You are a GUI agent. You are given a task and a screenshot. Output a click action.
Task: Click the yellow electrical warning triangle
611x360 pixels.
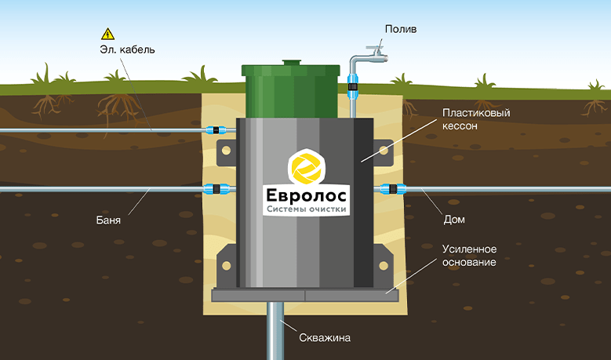click(x=107, y=35)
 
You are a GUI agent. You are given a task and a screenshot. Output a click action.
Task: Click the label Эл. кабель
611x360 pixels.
click(x=127, y=50)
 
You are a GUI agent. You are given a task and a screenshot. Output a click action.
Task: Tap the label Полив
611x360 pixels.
click(x=401, y=29)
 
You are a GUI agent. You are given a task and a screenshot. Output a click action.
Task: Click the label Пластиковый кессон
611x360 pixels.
click(x=476, y=119)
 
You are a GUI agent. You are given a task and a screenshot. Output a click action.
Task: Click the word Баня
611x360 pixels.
click(x=108, y=220)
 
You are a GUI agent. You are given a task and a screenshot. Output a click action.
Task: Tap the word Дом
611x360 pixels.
click(x=454, y=220)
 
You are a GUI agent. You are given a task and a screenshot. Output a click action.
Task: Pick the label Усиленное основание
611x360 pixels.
click(x=469, y=255)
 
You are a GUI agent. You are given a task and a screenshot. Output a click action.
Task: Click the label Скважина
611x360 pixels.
click(x=325, y=337)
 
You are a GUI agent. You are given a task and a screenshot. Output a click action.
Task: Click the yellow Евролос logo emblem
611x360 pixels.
click(x=306, y=167)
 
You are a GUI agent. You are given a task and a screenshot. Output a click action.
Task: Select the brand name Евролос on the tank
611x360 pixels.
click(x=306, y=195)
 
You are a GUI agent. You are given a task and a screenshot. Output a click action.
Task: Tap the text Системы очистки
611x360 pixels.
click(x=306, y=209)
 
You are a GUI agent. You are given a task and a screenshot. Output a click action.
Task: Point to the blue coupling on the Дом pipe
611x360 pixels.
click(x=393, y=189)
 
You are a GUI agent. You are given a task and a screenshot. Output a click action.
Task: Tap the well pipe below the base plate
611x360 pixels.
click(x=275, y=331)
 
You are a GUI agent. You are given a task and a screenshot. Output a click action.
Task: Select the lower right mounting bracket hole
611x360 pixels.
click(x=384, y=266)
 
